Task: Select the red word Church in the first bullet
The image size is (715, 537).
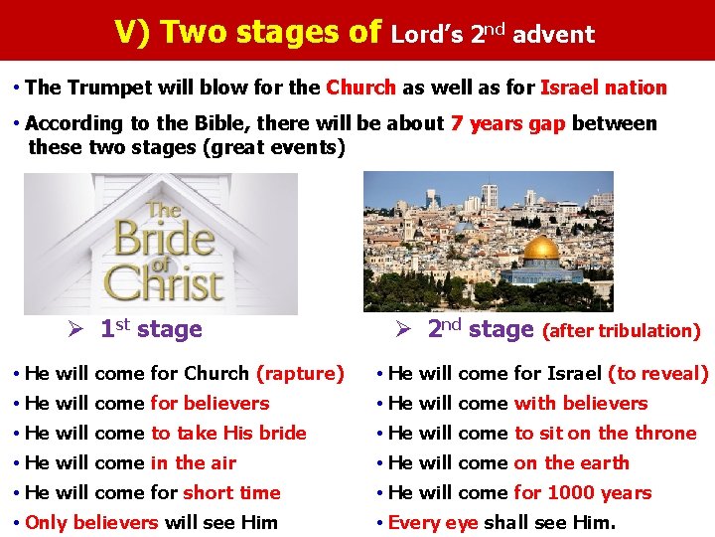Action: click(360, 88)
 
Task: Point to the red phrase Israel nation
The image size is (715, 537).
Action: click(603, 88)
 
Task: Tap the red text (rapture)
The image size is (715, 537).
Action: click(300, 374)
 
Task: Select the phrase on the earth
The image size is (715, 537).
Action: click(571, 463)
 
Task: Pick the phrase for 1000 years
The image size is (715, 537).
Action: click(582, 493)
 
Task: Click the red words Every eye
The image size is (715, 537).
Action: click(433, 523)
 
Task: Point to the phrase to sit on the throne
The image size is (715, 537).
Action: click(605, 434)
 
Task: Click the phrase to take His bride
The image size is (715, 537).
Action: click(228, 434)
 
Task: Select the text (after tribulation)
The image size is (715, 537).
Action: click(623, 331)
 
